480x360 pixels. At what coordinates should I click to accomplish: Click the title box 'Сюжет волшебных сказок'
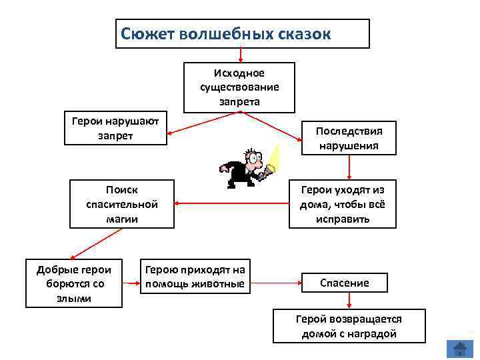pos(242,33)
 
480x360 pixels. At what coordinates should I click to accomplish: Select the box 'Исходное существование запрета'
pos(239,87)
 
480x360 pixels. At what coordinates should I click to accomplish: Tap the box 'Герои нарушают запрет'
pos(115,127)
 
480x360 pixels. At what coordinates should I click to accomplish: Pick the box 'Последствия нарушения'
pos(348,137)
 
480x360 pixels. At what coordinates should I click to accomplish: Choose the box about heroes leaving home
pos(343,203)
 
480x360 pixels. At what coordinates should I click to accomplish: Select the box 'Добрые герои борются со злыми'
pos(73,283)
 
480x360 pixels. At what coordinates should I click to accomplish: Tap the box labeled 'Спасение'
pos(344,283)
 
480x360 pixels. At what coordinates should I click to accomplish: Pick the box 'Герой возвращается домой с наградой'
pos(349,326)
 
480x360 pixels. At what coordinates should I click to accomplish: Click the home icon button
pos(459,349)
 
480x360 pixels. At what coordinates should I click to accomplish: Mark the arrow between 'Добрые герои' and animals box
pos(131,283)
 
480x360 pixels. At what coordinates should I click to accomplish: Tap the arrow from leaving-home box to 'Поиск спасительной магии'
pos(231,203)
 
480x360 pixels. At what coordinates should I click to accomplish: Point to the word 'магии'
pos(122,218)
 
